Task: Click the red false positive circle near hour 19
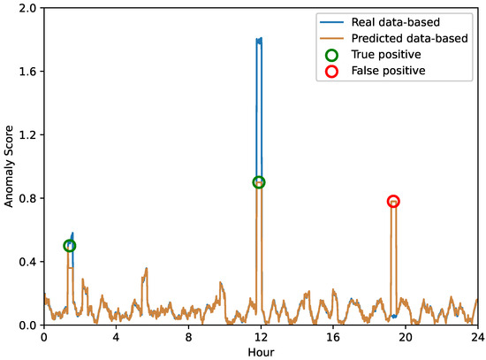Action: pos(393,202)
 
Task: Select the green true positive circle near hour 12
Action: pos(259,182)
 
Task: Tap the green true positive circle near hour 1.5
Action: pos(70,246)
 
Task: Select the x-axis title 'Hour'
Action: pos(260,351)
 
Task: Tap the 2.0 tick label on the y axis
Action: pos(26,8)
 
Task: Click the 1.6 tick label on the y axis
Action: pos(26,72)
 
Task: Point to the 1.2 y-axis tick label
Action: pos(26,135)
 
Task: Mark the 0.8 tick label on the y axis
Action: pos(26,198)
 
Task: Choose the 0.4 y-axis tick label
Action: pos(26,262)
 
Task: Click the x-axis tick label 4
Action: pos(116,337)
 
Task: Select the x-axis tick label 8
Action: pos(188,337)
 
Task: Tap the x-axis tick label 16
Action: pos(333,337)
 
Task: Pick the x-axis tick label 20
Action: pos(406,337)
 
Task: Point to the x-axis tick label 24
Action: pos(477,337)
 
